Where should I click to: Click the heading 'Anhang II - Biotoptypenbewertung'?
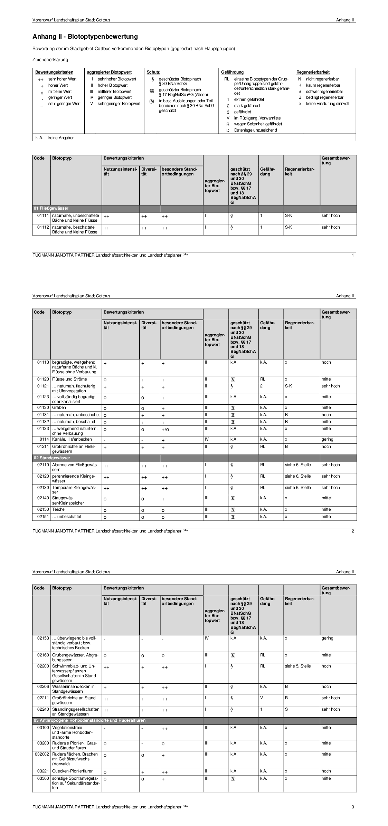click(85, 37)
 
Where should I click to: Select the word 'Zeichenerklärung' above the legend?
click(50, 60)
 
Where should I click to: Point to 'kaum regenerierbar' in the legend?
click(323, 85)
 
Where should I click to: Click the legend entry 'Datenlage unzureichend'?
click(255, 130)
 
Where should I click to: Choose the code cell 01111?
click(43, 215)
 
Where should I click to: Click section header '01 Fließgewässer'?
click(51, 209)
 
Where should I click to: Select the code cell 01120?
click(43, 379)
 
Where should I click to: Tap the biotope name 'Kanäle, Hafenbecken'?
click(72, 439)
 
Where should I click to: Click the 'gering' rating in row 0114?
click(327, 439)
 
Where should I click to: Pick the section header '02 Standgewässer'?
click(52, 458)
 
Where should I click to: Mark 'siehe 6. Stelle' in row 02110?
click(298, 465)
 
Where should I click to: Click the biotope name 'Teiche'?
click(58, 509)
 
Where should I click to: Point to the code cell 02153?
click(43, 638)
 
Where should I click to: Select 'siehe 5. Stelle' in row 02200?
click(298, 666)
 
